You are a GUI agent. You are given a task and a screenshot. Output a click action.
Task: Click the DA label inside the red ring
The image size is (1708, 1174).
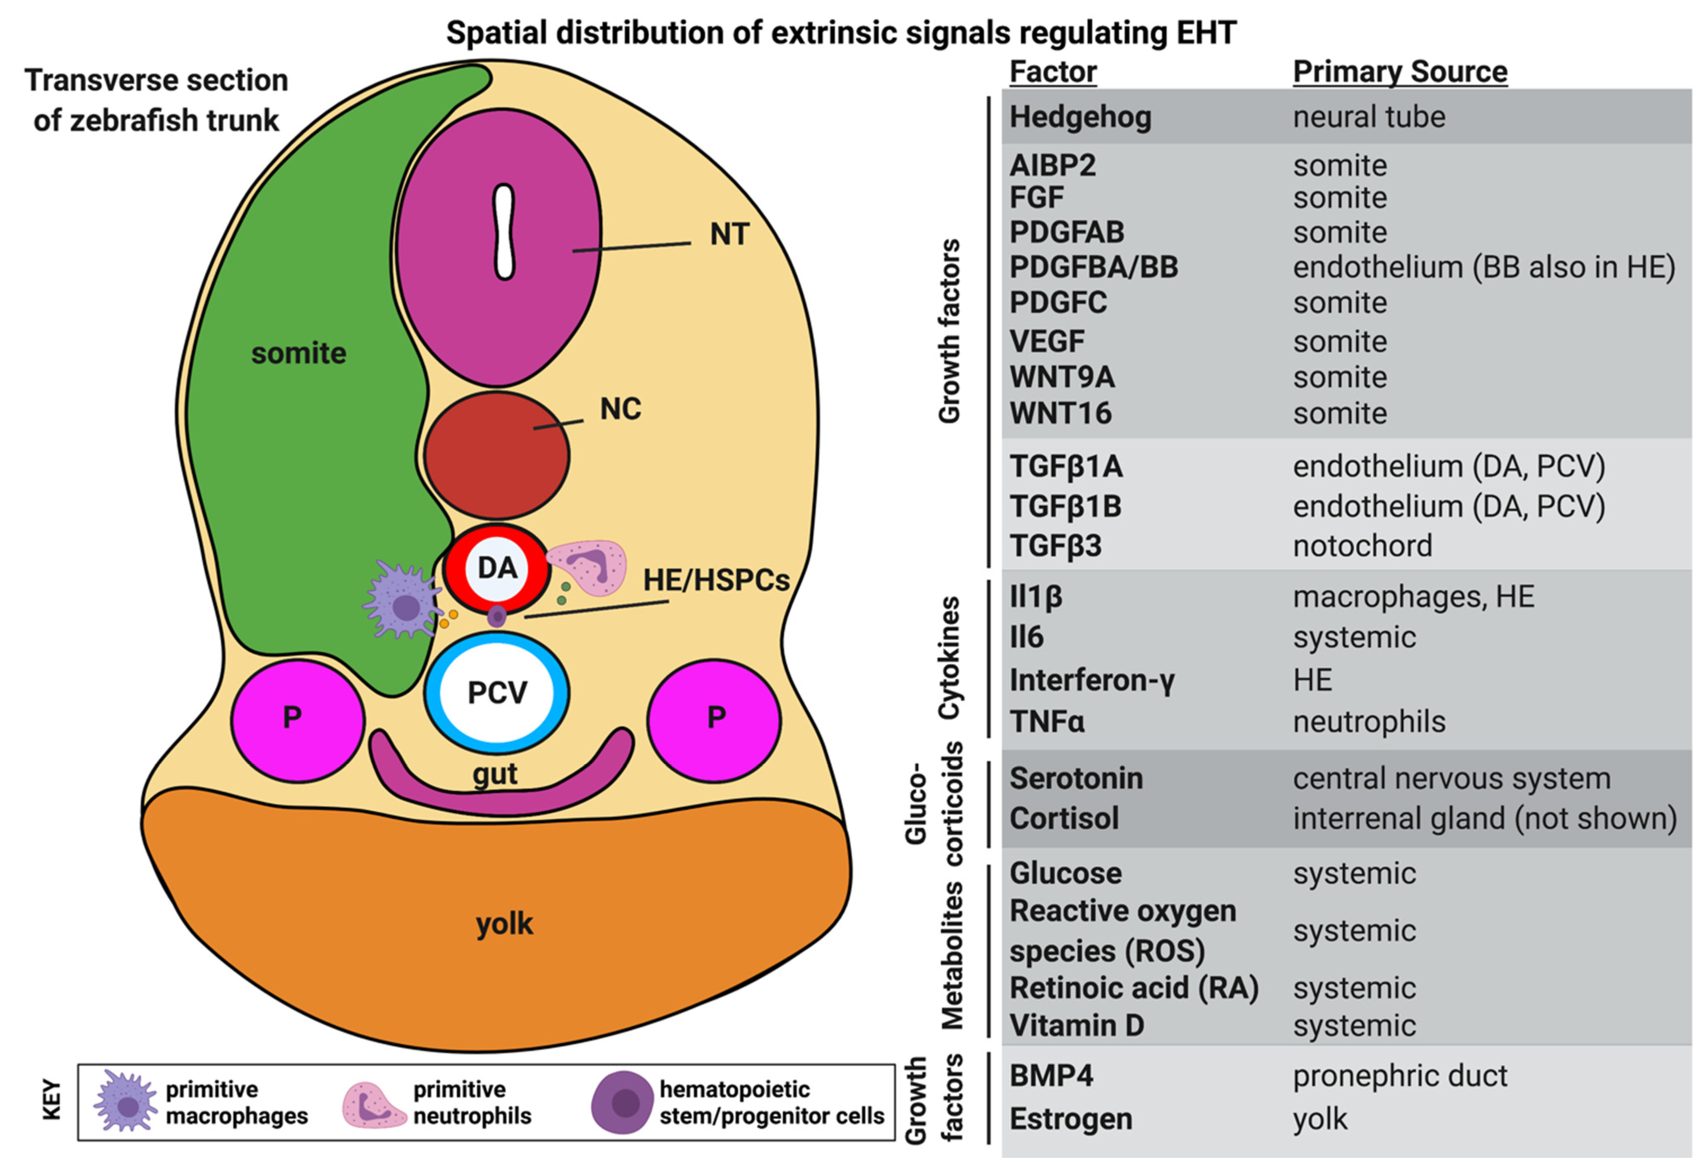pyautogui.click(x=497, y=568)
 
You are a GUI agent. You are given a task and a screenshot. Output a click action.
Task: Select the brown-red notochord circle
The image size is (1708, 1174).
pyautogui.click(x=497, y=455)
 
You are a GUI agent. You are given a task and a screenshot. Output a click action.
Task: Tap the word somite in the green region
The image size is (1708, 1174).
pyautogui.click(x=299, y=353)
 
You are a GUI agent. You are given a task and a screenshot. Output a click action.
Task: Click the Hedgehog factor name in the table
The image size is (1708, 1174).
pyautogui.click(x=1080, y=117)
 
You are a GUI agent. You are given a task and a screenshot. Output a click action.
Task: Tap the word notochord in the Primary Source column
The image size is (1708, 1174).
pyautogui.click(x=1362, y=546)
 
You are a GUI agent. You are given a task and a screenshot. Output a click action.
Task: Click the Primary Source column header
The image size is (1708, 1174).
pyautogui.click(x=1400, y=71)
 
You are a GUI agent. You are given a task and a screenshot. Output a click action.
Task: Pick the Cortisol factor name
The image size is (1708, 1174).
pyautogui.click(x=1064, y=818)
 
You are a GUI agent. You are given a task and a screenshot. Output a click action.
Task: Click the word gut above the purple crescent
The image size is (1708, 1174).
pyautogui.click(x=494, y=774)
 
